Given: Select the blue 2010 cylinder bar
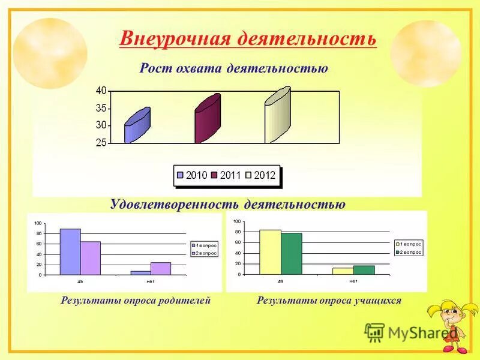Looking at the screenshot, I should tap(137, 126).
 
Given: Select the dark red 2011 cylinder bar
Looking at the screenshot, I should tap(208, 119).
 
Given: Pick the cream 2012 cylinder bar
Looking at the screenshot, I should tap(278, 115).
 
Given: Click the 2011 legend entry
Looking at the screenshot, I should tap(226, 176).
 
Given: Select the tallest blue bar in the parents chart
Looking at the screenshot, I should tap(70, 251).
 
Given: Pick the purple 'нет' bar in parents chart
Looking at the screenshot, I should tap(161, 268).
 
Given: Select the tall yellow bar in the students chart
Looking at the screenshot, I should tap(270, 252).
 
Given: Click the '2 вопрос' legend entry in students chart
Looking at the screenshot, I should tap(410, 252).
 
